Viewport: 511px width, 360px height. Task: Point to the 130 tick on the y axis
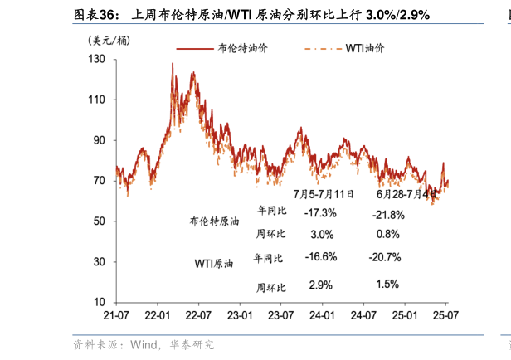coord(96,60)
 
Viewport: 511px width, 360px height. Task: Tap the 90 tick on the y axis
coord(99,140)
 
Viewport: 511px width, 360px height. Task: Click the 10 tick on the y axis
coord(99,302)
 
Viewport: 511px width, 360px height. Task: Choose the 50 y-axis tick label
coord(99,221)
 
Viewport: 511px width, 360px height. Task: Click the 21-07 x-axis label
coord(116,316)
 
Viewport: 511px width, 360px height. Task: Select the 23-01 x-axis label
coord(239,316)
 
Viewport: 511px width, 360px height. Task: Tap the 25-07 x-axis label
coord(445,316)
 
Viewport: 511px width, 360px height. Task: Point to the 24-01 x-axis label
coord(322,316)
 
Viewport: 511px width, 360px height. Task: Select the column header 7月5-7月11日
coord(324,194)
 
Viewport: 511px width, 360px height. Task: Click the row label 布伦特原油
coord(214,222)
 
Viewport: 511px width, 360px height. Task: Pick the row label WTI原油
coord(214,264)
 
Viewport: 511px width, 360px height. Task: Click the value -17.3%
coord(320,213)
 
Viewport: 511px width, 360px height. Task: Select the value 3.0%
coord(321,234)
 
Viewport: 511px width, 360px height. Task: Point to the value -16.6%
coord(320,256)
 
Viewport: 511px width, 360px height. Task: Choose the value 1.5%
coord(387,284)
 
